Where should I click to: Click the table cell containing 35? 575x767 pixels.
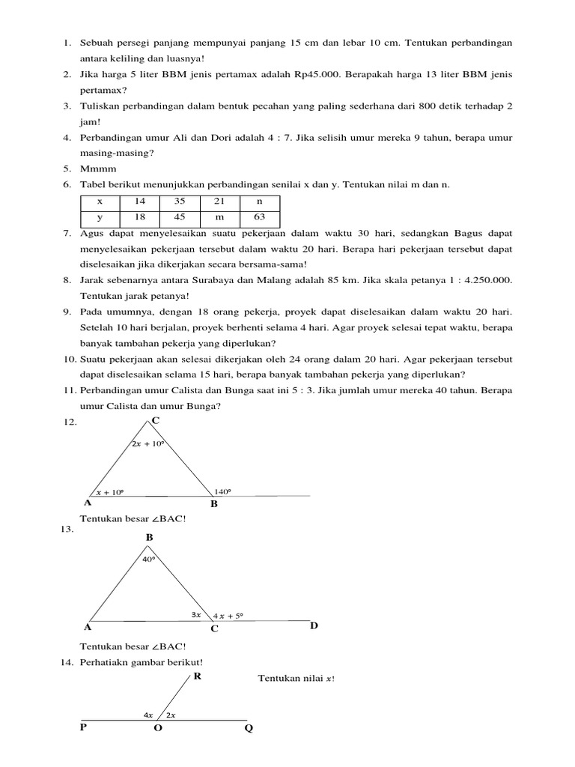pyautogui.click(x=179, y=201)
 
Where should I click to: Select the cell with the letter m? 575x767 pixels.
pyautogui.click(x=219, y=218)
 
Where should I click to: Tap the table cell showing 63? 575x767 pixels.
pyautogui.click(x=259, y=218)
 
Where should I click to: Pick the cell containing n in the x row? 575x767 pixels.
pyautogui.click(x=259, y=201)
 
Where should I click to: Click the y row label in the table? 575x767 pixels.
pyautogui.click(x=100, y=218)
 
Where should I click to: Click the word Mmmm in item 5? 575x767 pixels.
pyautogui.click(x=97, y=169)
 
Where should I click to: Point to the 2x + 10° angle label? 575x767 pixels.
pyautogui.click(x=147, y=444)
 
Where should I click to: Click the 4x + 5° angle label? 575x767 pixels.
pyautogui.click(x=228, y=616)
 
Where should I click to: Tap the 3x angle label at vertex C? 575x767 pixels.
pyautogui.click(x=197, y=615)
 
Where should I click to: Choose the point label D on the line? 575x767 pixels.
pyautogui.click(x=314, y=625)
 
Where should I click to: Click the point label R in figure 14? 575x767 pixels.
pyautogui.click(x=198, y=677)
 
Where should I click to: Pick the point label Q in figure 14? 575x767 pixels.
pyautogui.click(x=249, y=729)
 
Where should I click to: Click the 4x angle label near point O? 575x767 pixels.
pyautogui.click(x=148, y=715)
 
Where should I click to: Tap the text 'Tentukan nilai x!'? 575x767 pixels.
pyautogui.click(x=296, y=678)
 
